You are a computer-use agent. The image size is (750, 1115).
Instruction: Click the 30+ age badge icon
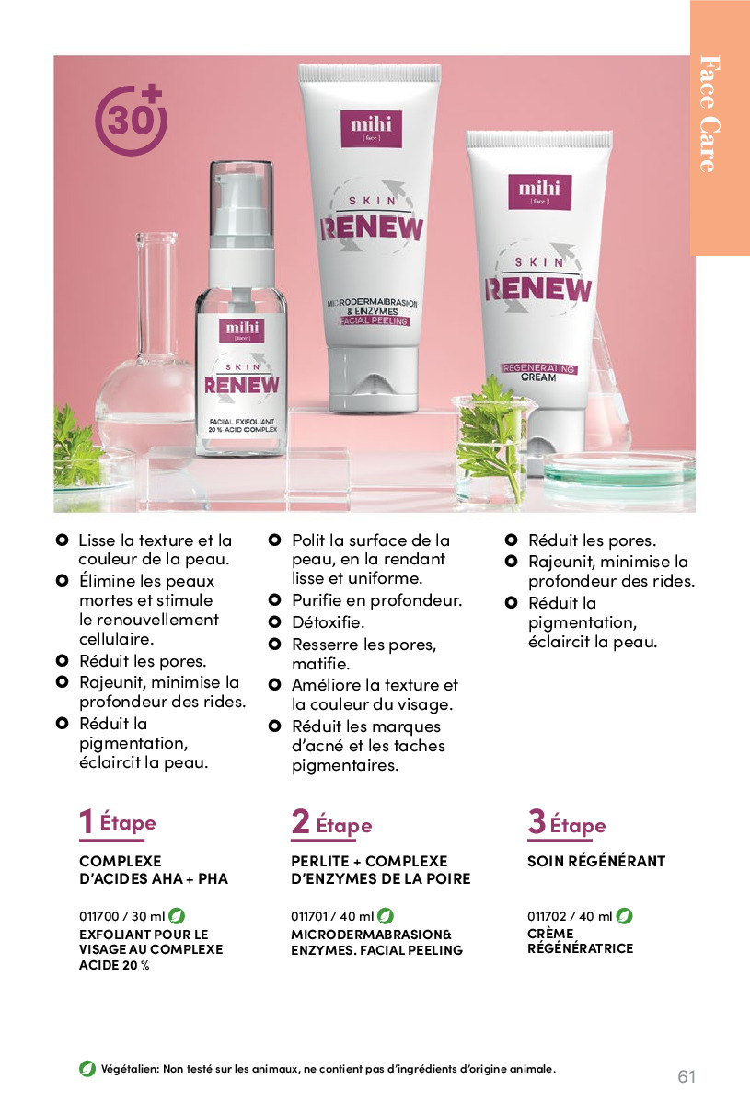[131, 121]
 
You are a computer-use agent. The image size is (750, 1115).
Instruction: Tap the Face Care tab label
[710, 114]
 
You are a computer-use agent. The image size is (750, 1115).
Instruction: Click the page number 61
[687, 1076]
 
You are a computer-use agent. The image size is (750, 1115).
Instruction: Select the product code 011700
[99, 916]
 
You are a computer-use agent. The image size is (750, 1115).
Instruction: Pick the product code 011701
[309, 916]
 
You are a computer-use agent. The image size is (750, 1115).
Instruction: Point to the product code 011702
[547, 916]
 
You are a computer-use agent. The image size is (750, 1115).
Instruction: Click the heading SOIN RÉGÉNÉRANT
[596, 861]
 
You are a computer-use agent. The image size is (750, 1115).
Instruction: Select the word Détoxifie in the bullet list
[328, 622]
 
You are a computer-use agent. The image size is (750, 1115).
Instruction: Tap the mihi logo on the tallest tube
[371, 128]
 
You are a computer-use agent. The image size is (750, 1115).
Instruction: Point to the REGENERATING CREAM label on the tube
[539, 373]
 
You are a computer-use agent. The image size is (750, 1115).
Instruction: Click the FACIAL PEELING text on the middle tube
[374, 321]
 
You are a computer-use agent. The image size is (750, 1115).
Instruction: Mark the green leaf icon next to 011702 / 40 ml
[624, 916]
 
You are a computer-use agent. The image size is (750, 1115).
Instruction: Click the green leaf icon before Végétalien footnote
[87, 1068]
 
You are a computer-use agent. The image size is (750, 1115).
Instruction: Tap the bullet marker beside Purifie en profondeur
[274, 599]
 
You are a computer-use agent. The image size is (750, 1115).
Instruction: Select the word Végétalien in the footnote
[130, 1069]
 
